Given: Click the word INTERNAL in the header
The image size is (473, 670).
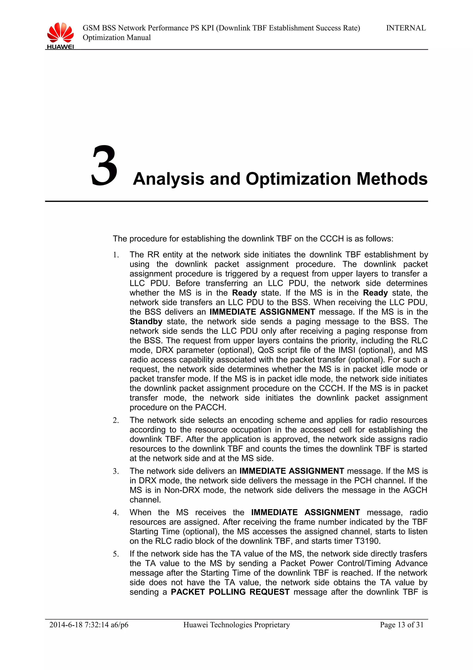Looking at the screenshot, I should [x=406, y=28].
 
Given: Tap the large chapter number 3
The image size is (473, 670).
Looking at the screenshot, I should [x=104, y=166].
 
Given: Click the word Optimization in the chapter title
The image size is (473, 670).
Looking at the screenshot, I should [x=298, y=179].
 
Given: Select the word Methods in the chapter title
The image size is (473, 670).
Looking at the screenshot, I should [x=392, y=179].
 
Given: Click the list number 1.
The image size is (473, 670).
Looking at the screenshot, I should [x=116, y=255].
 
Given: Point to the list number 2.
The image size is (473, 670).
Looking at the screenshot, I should [x=116, y=421].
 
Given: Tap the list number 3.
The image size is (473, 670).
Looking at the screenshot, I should [x=116, y=471].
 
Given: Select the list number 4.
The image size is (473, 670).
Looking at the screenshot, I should [x=116, y=513].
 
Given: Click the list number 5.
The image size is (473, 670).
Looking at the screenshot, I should [x=116, y=554].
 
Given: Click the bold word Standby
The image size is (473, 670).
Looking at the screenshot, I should [x=146, y=321].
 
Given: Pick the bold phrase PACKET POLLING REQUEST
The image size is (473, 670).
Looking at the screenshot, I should [x=230, y=592].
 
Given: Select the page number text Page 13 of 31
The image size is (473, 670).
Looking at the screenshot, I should [x=401, y=624].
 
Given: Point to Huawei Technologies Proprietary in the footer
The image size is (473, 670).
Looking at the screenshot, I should [x=236, y=624].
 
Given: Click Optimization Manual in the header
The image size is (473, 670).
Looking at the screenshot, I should [x=117, y=38].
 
